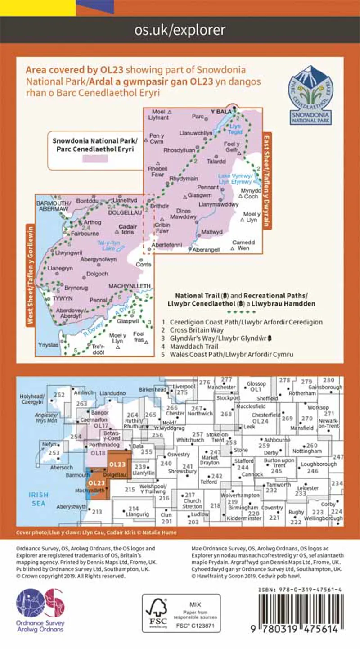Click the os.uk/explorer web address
(x=180, y=30)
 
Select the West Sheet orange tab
(x=31, y=275)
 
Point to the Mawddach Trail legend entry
(x=191, y=347)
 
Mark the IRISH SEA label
(x=38, y=499)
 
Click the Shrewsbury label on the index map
(x=185, y=471)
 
